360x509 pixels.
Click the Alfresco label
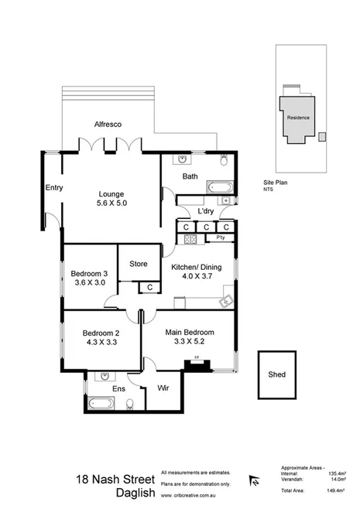click(110, 124)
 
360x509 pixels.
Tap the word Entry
click(54, 188)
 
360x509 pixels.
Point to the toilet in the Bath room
click(223, 162)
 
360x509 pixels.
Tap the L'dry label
click(205, 211)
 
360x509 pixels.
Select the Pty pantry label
click(219, 238)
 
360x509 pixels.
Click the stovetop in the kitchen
click(187, 238)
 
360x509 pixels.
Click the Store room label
click(138, 264)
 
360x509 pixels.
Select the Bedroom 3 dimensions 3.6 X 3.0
click(89, 283)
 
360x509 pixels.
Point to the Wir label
click(163, 387)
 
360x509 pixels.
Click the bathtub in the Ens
click(101, 402)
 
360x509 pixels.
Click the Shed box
click(276, 374)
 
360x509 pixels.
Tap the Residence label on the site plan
click(299, 118)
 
